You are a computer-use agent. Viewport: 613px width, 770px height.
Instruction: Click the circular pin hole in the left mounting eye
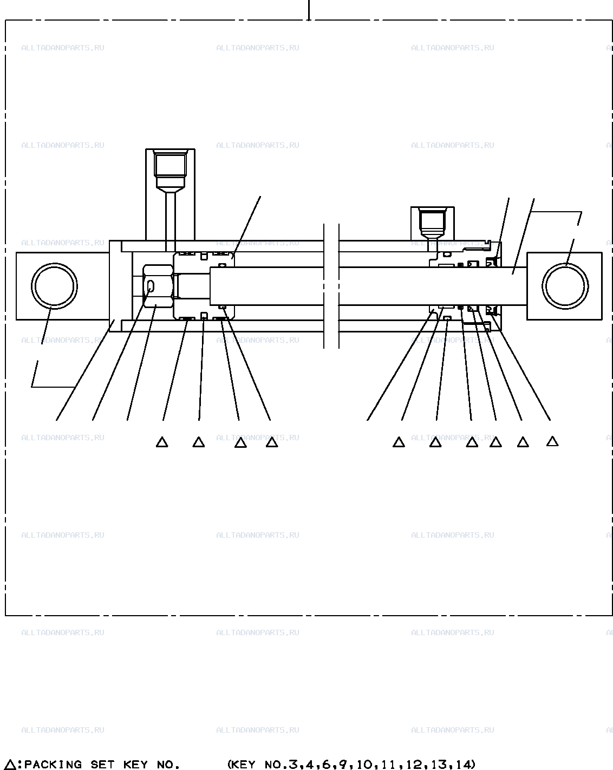click(x=54, y=286)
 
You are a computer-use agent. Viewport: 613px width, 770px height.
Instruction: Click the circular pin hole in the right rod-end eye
click(x=565, y=286)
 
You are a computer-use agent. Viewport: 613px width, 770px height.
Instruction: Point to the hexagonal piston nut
click(x=158, y=286)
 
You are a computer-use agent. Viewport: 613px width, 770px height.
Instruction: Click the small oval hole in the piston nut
click(x=151, y=286)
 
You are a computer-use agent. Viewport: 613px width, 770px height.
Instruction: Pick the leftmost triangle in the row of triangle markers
click(x=162, y=442)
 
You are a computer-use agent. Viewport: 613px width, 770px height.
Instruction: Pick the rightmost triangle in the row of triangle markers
click(x=552, y=441)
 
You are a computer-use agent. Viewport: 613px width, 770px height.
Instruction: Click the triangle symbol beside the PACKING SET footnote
click(x=11, y=765)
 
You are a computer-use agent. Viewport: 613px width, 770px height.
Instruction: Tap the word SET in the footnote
click(x=102, y=765)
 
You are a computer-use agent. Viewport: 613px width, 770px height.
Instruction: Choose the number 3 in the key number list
click(x=294, y=765)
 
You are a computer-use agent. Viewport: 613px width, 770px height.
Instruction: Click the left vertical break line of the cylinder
click(x=324, y=286)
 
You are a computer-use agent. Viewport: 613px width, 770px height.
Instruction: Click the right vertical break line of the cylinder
click(x=339, y=286)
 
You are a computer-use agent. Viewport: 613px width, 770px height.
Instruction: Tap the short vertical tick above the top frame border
click(x=309, y=10)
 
